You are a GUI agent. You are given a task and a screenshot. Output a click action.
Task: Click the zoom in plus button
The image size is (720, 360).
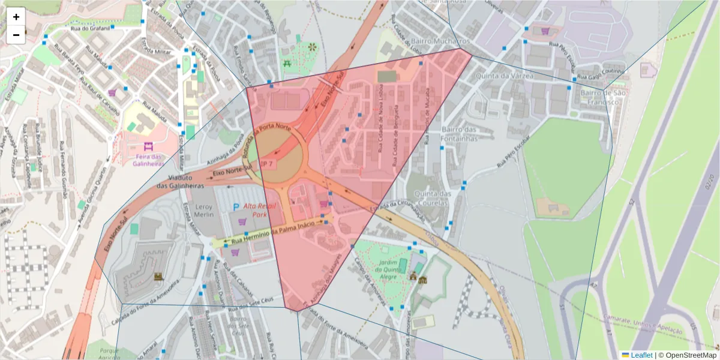16,17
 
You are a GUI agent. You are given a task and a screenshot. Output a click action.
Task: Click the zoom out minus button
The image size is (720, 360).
16,35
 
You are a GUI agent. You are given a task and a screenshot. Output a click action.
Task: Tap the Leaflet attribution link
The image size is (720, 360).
641,355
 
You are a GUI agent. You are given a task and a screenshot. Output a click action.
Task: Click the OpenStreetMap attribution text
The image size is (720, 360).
688,355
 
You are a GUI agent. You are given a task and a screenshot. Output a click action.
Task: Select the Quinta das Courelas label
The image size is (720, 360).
436,197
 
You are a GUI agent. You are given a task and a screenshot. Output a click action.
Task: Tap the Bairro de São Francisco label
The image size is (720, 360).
603,97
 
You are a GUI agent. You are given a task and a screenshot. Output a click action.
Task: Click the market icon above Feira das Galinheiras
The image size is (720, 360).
148,146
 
